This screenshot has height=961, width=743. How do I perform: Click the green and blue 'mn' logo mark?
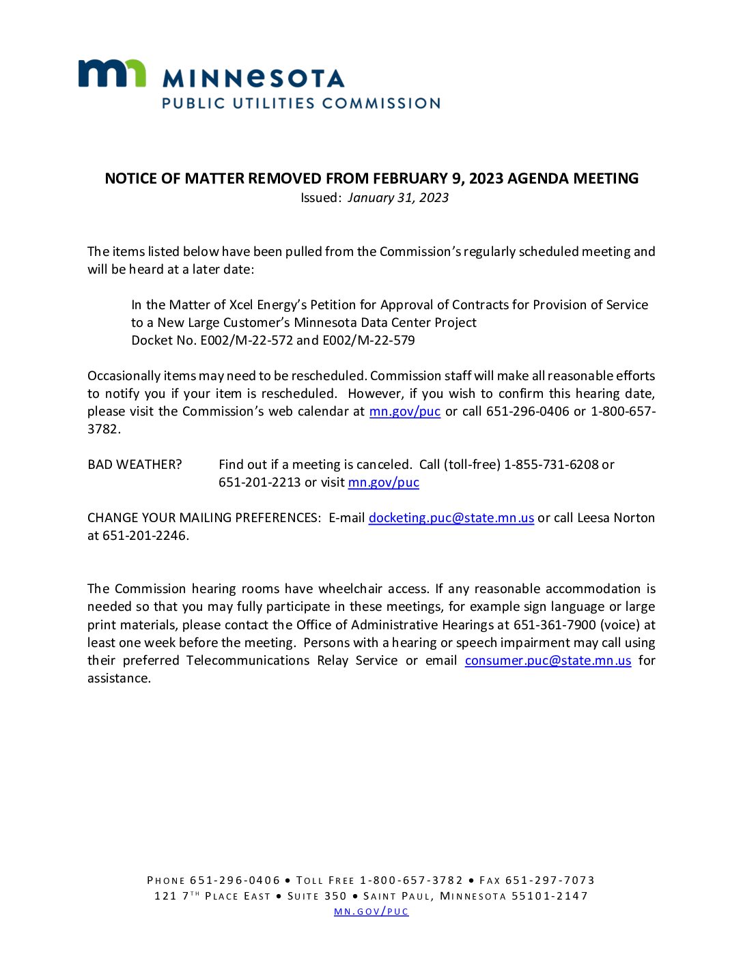112,74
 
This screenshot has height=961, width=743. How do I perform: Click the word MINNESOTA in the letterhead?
253,78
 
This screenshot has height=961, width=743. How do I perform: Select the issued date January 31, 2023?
398,198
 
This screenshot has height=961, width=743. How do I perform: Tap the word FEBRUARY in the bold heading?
409,179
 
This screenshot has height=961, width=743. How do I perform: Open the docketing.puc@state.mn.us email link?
451,518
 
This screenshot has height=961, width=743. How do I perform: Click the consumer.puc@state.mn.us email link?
548,661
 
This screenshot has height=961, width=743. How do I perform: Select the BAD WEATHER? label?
135,465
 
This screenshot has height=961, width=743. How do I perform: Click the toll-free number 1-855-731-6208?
551,465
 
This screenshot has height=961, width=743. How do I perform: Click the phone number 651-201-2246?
144,536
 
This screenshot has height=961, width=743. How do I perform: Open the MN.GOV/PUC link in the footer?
371,912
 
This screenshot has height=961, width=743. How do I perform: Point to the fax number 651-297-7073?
550,880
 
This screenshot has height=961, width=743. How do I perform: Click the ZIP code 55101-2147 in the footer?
550,896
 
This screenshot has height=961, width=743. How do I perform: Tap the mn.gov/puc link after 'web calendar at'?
404,412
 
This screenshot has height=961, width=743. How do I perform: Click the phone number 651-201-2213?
260,483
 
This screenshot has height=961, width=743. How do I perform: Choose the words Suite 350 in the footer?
317,896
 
